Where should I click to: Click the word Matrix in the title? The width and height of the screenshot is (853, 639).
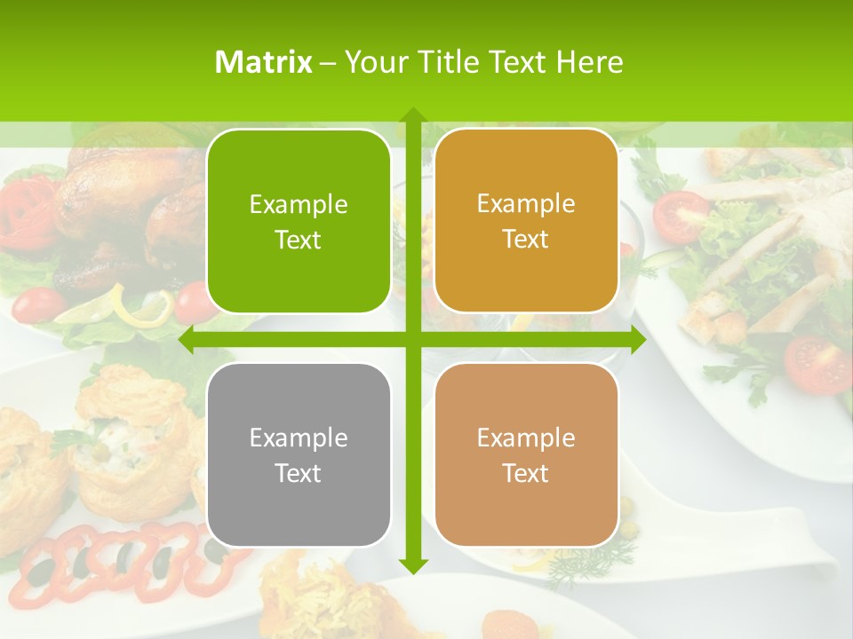coord(263,62)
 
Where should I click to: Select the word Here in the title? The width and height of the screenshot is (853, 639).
coord(589,62)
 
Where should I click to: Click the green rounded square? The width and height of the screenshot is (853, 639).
coord(299,221)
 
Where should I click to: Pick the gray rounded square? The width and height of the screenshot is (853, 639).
coord(299,454)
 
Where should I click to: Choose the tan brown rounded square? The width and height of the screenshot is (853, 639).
coord(526,454)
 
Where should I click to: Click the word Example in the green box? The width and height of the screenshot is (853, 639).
coord(299,204)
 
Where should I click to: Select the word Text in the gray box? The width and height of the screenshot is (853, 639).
coord(299,473)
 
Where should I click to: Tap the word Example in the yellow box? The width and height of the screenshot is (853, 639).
coord(526,203)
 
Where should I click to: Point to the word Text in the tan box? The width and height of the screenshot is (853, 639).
coord(526,473)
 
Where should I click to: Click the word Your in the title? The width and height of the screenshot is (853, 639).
coord(374,62)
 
